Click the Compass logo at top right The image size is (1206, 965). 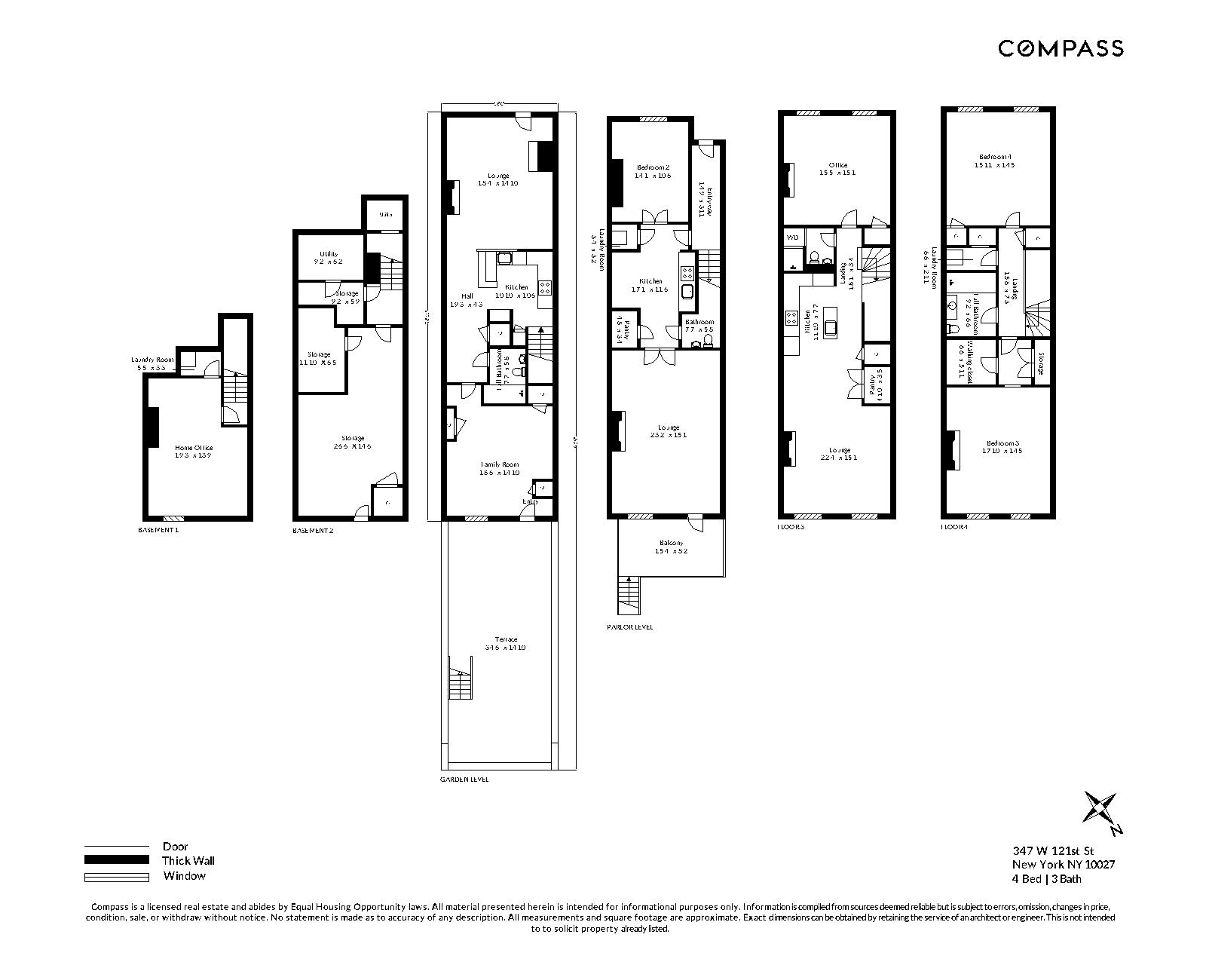1061,48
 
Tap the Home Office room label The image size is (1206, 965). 194,448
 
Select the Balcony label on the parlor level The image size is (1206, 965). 671,543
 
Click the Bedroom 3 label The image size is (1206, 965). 1001,443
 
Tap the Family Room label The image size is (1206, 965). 500,464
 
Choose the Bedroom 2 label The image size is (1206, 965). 653,167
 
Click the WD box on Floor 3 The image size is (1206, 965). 792,237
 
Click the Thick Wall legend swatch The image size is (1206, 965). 117,860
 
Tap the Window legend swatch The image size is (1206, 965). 117,876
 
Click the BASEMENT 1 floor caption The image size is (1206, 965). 159,530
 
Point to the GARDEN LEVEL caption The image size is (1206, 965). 464,779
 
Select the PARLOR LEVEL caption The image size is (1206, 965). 629,626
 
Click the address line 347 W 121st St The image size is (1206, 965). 1053,851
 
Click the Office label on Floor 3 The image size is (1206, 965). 837,165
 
